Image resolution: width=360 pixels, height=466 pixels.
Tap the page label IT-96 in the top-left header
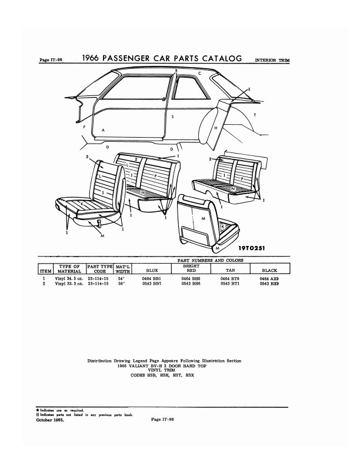point(51,60)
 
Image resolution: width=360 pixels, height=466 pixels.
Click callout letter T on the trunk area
point(254,114)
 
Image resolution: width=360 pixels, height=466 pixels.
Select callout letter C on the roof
point(199,73)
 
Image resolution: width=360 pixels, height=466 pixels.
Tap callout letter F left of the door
point(85,127)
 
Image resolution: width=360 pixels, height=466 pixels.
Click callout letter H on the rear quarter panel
point(216,128)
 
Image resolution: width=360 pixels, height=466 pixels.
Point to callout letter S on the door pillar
point(172,117)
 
